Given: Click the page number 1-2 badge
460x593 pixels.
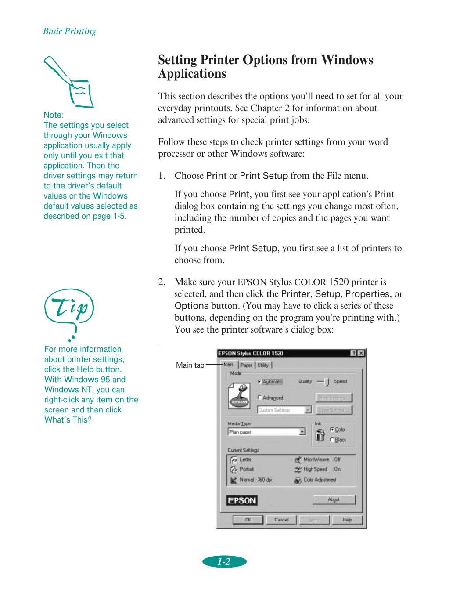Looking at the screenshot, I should (224, 561).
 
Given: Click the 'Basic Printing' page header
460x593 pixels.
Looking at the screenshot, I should (69, 31).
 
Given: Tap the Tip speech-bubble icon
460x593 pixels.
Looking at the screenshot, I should (69, 307).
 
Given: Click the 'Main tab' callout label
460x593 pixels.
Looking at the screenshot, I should (190, 365).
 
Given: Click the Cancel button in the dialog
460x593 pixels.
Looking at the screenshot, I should (281, 520).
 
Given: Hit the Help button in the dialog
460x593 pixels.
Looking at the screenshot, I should (347, 520).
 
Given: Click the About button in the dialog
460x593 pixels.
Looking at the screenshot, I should (334, 499).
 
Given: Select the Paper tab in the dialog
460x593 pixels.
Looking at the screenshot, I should (246, 365).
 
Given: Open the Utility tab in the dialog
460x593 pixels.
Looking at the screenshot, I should (263, 365).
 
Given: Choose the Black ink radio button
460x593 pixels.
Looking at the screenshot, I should (332, 440).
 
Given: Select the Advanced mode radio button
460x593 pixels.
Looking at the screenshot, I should (260, 398).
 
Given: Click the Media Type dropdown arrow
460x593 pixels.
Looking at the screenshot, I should (302, 432).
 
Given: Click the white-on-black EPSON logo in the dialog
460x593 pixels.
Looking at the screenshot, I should (242, 500).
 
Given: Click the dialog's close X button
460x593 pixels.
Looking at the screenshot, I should (361, 353).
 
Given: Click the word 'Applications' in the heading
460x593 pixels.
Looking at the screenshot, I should (192, 74).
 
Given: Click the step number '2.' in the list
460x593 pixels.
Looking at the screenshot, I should (162, 282).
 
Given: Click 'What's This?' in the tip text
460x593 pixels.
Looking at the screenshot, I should (68, 420).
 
